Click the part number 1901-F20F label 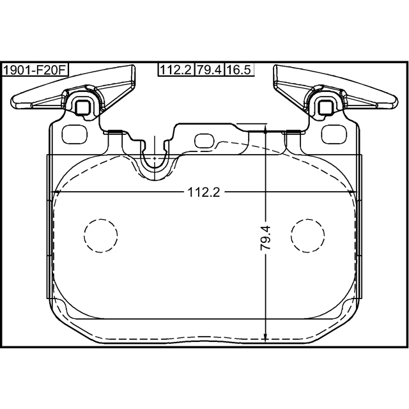(35, 70)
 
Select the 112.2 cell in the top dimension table (176, 70)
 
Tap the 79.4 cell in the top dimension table (209, 70)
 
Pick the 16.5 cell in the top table (239, 70)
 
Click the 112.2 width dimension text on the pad (204, 192)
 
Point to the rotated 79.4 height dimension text (266, 238)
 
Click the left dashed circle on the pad (101, 236)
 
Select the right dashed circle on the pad (308, 236)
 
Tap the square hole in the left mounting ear (83, 107)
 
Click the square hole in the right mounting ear (326, 107)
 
